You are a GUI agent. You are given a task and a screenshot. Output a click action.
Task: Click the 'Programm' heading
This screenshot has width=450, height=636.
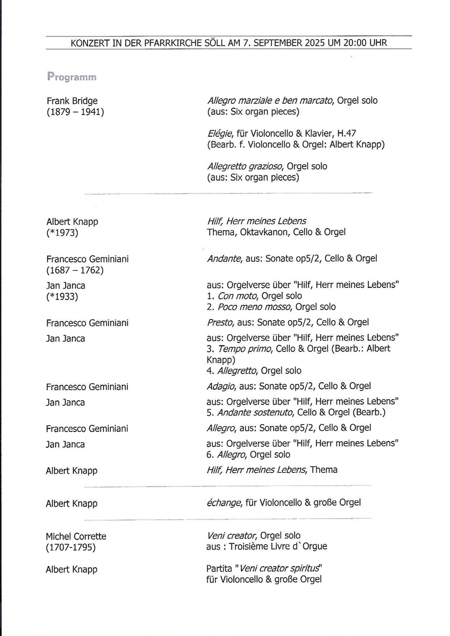coord(71,76)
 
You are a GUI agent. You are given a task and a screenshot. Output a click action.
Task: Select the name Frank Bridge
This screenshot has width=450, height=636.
coord(72,101)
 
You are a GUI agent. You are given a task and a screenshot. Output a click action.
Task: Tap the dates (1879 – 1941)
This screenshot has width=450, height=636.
coord(75,112)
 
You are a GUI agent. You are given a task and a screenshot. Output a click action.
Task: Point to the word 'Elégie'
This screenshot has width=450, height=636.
coord(221,134)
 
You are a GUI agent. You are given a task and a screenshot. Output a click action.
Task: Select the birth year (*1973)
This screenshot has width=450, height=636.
coord(62,232)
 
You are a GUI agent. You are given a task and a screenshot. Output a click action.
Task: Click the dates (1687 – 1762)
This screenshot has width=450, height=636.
coord(75,270)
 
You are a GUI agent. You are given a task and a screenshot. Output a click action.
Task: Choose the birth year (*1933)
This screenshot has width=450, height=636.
coord(62,297)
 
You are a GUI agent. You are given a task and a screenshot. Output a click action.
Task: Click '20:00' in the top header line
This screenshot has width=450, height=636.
coord(358,43)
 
